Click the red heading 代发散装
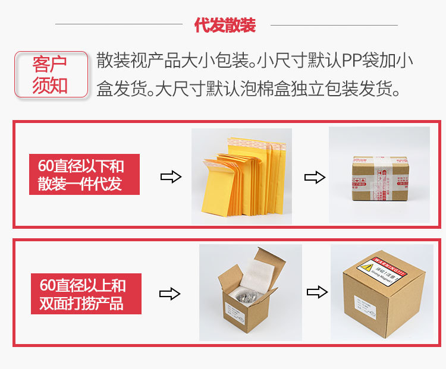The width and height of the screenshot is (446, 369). [225, 25]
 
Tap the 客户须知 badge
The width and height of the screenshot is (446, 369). [50, 74]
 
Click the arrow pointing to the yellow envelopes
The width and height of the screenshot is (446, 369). [171, 177]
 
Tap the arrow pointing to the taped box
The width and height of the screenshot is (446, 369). [315, 177]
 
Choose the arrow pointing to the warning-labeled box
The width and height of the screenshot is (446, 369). [316, 292]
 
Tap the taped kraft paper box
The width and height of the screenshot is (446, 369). [378, 179]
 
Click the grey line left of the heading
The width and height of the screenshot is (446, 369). [118, 24]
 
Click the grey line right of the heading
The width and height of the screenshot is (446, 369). [331, 24]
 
